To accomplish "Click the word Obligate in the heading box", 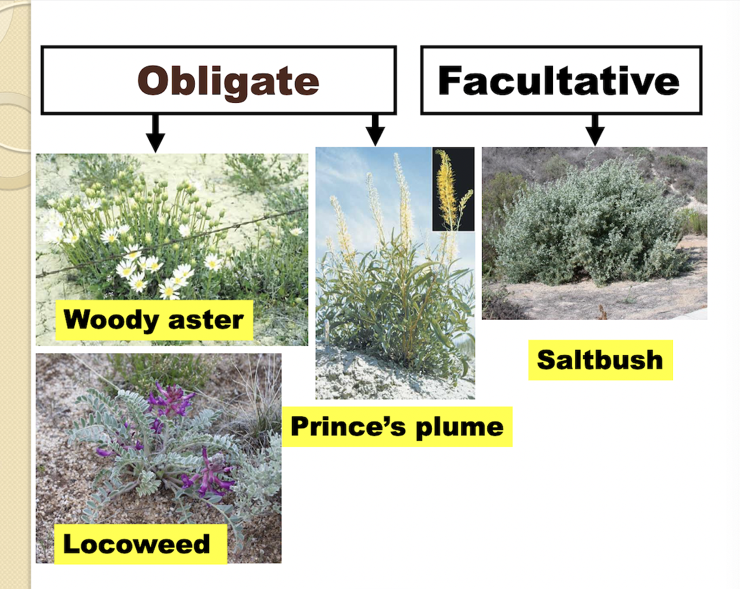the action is click(228, 81).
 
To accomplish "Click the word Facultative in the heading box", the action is click(559, 81).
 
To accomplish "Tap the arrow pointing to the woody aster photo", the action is click(155, 133).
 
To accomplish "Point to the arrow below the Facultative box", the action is click(594, 130).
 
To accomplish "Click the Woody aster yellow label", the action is click(154, 320).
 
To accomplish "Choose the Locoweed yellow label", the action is click(136, 543).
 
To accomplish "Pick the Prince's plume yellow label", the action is click(397, 427).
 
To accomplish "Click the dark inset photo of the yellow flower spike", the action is click(453, 189).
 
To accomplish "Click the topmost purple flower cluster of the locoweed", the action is click(171, 399).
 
